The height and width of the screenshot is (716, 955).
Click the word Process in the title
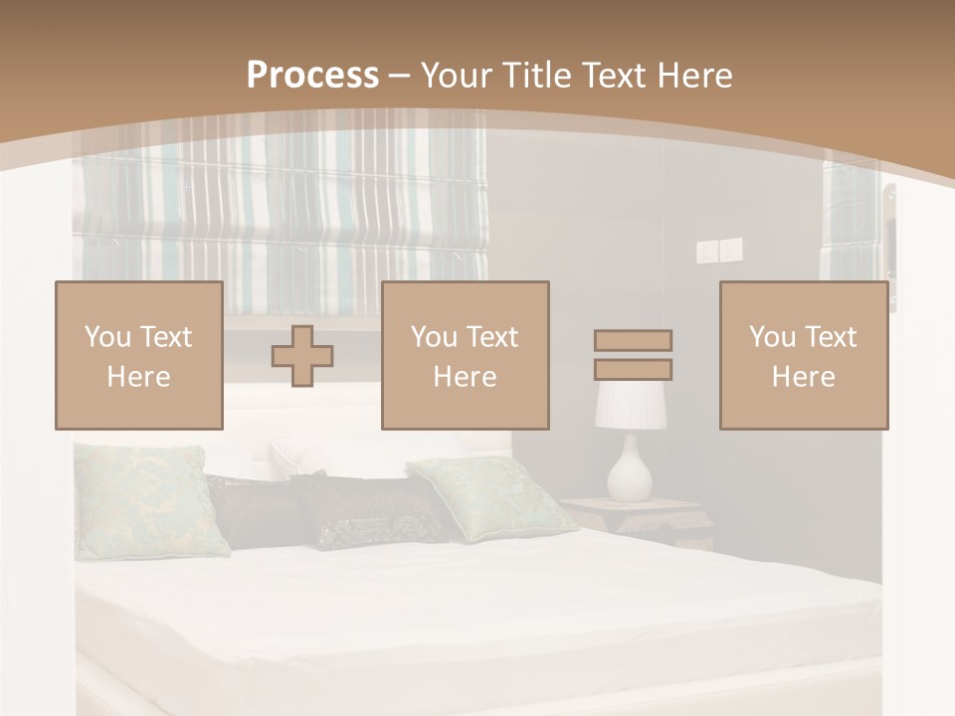(312, 76)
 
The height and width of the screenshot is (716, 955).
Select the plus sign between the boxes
(302, 355)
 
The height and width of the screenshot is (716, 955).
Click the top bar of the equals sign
(633, 340)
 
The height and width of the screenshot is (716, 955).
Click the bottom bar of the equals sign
(633, 370)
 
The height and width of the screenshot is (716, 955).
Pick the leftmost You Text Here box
(139, 355)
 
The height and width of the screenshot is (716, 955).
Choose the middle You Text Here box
(465, 355)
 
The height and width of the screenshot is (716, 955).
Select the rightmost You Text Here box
(803, 355)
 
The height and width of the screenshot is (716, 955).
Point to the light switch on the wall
(708, 251)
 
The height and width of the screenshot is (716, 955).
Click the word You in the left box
(107, 337)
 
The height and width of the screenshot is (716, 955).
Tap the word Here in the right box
(803, 377)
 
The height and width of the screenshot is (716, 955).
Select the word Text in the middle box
(491, 337)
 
